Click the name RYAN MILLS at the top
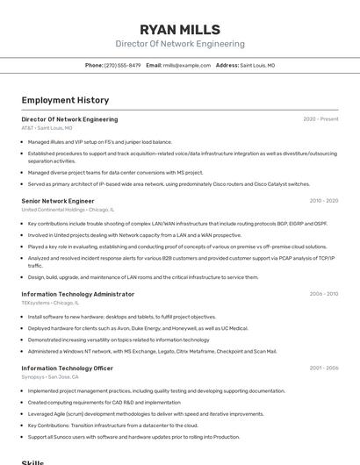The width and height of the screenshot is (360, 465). [x=180, y=29]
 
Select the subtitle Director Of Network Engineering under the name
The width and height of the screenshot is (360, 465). [x=180, y=44]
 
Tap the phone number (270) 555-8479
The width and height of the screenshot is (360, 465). [x=122, y=66]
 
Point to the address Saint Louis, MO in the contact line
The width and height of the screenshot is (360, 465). [x=257, y=66]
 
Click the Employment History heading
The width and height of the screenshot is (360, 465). [x=65, y=100]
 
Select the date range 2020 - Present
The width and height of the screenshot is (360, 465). [x=320, y=119]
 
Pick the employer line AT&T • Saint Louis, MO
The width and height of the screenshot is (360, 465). [x=47, y=128]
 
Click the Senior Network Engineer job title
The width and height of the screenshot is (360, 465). [x=58, y=201]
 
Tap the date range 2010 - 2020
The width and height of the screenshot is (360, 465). [x=324, y=201]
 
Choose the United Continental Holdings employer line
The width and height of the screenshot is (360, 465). [x=68, y=210]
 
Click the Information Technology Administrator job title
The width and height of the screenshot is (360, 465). [x=78, y=294]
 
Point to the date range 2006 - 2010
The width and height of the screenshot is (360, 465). [x=324, y=294]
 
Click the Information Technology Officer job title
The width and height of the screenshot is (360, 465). [x=68, y=368]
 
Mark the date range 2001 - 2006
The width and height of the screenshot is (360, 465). [x=324, y=368]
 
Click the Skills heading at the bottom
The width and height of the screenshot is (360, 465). [x=32, y=461]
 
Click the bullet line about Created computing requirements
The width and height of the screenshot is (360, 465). [x=104, y=403]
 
